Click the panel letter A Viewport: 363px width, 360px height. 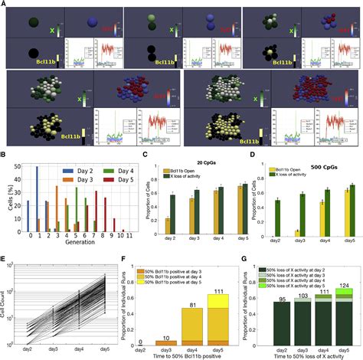pyautogui.click(x=6, y=5)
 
